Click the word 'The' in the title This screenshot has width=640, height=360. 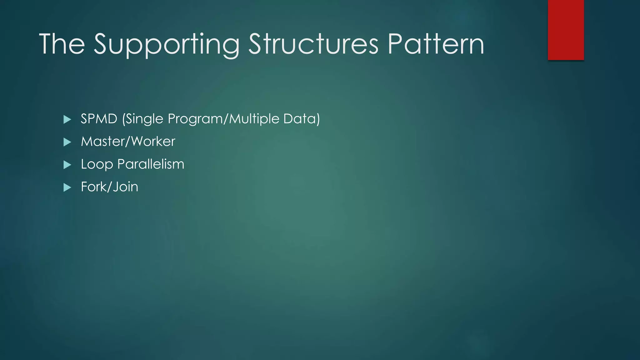(x=62, y=44)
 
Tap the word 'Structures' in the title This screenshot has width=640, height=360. (x=313, y=44)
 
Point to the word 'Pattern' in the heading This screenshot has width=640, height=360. (x=436, y=44)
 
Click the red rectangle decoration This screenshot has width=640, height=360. (x=566, y=30)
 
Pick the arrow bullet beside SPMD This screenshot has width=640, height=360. (x=67, y=119)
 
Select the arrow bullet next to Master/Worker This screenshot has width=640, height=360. (x=67, y=142)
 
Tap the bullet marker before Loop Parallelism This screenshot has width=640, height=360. (x=67, y=165)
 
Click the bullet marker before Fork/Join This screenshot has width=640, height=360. (x=67, y=187)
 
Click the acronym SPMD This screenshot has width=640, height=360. (x=99, y=119)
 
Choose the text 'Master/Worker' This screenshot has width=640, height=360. (x=128, y=142)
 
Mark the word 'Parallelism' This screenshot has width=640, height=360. (x=151, y=164)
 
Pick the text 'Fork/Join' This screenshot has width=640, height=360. (x=109, y=187)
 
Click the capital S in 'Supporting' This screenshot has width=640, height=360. (x=103, y=44)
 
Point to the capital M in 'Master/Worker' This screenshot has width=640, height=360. (x=87, y=142)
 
